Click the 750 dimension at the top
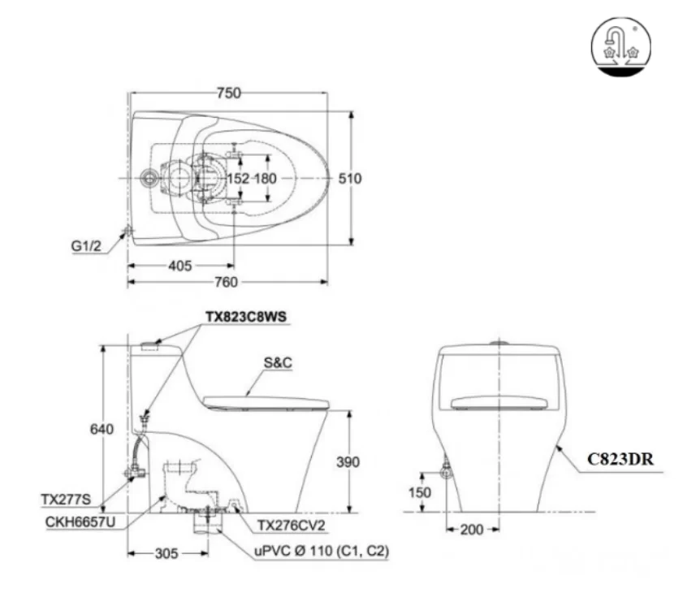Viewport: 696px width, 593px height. [229, 93]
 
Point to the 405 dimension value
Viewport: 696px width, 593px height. [180, 265]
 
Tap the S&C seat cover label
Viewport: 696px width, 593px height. [276, 363]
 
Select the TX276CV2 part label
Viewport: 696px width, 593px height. [291, 526]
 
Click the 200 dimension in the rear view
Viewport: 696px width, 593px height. [470, 530]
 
